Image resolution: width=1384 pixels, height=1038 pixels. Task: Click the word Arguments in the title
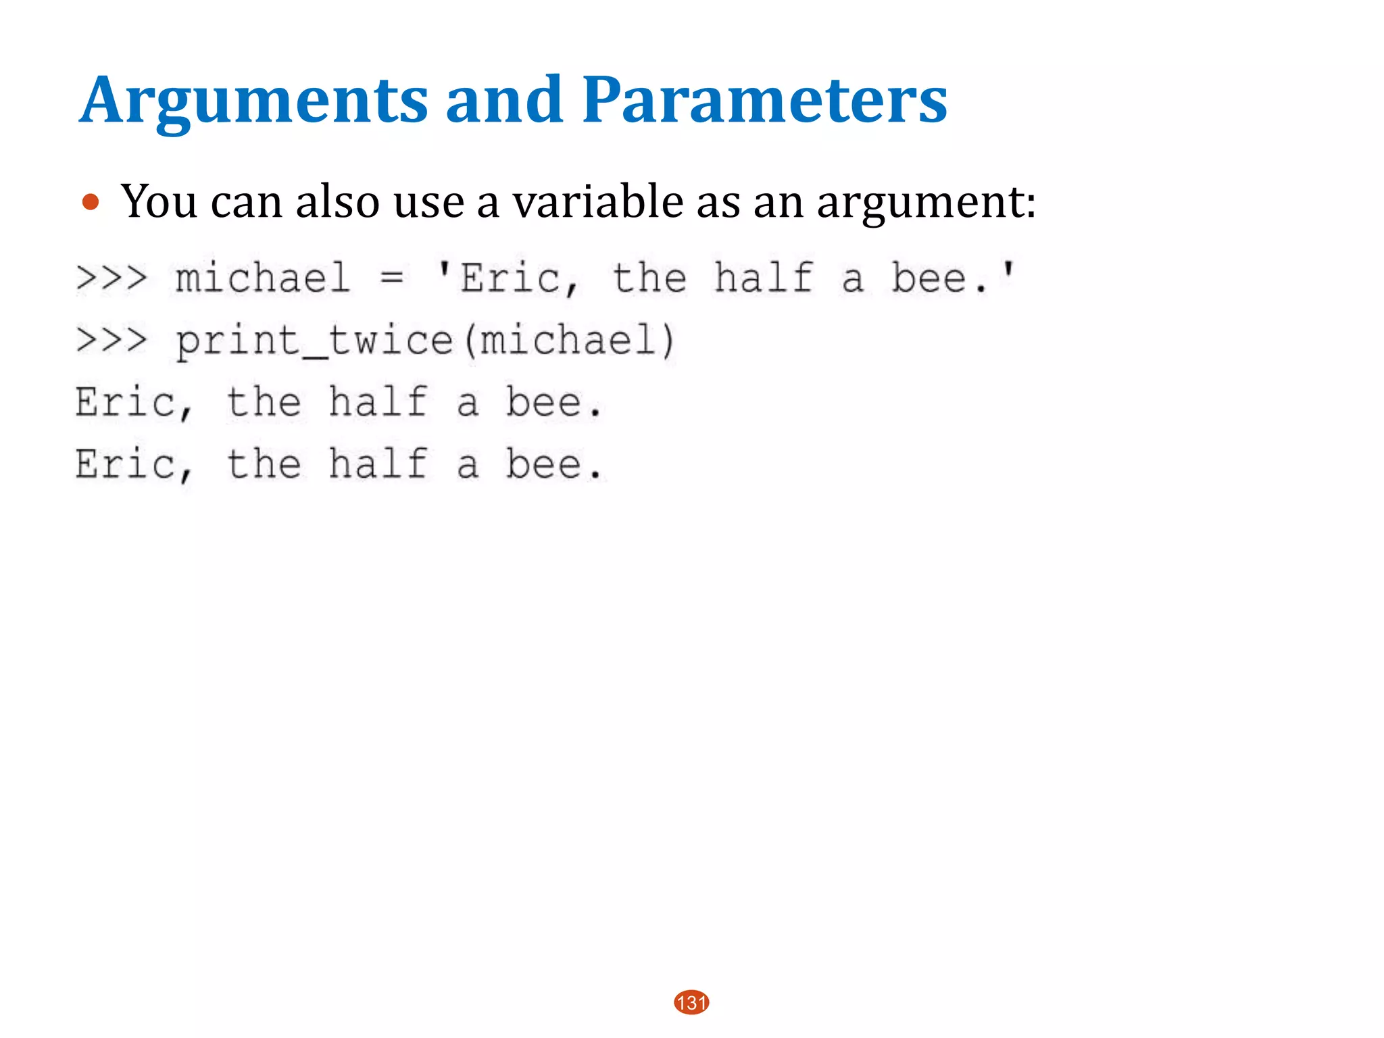(254, 101)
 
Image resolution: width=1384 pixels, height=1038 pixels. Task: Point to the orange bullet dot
(90, 202)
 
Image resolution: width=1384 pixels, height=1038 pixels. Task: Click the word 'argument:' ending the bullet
(926, 203)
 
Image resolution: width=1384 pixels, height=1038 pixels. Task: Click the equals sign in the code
(392, 278)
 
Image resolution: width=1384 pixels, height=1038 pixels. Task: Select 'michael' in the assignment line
(263, 278)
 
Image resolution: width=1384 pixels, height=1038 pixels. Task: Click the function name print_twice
(314, 340)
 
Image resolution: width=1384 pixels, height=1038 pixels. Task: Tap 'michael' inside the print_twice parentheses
(568, 340)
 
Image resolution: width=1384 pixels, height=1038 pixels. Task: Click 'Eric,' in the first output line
(134, 403)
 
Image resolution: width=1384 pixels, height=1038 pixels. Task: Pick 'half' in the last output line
(378, 464)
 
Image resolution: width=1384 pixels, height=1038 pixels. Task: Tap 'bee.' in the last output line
(553, 464)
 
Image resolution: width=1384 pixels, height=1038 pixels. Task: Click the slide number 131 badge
(691, 1002)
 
